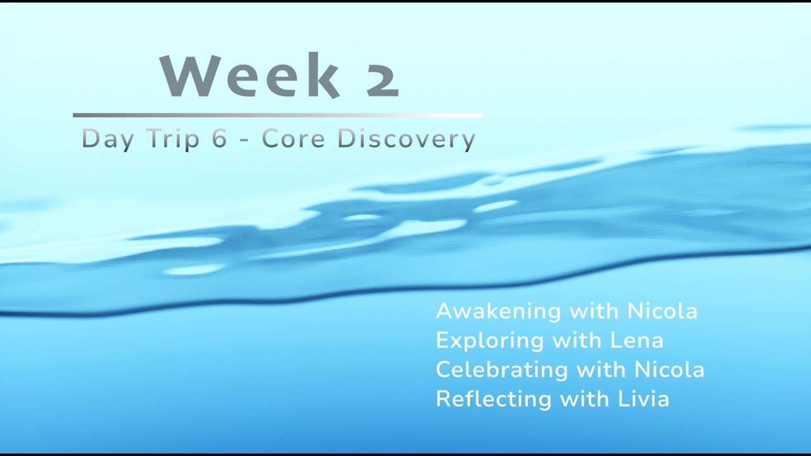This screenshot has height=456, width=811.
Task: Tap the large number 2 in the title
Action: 382,77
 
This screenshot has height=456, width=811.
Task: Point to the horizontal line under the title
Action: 278,115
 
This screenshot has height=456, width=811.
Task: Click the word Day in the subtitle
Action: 108,139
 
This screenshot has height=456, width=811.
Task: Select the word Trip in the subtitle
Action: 173,139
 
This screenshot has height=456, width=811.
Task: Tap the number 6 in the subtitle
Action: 219,139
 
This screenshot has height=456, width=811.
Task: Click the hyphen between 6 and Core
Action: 245,140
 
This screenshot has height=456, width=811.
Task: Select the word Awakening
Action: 498,312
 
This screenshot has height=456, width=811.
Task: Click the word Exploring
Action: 488,341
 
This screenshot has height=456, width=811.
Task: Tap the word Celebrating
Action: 501,370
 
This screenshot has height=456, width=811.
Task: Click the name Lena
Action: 637,340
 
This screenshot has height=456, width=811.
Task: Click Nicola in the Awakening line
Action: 662,311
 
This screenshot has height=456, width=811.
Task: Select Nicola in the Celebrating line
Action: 670,369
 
